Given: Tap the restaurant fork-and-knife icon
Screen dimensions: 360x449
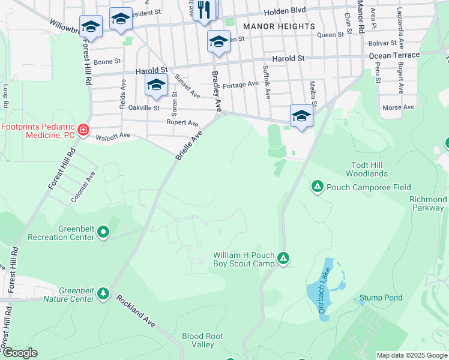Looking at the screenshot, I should [204, 10].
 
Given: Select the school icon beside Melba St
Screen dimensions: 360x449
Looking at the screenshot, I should [301, 115].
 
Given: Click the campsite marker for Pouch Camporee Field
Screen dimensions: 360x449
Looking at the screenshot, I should [317, 187].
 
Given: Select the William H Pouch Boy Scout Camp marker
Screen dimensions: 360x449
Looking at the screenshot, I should [283, 259].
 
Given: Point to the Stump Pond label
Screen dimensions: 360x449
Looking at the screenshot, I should [381, 298].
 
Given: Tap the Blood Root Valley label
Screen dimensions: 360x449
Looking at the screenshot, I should [199, 340].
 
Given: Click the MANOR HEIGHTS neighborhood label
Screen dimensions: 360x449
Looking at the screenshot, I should [279, 26].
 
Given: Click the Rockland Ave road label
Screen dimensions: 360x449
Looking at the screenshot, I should [136, 311].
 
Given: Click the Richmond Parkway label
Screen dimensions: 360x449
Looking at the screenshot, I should [428, 204].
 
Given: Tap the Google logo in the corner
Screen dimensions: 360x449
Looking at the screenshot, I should [20, 353].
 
